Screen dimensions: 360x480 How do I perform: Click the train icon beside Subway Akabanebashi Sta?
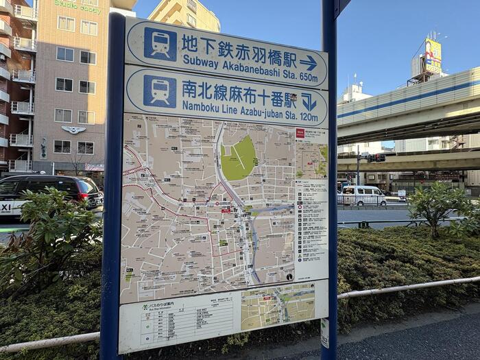[x=160, y=44]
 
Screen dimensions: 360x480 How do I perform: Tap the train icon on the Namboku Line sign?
[x=160, y=91]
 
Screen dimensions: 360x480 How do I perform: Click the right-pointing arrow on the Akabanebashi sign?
[x=309, y=63]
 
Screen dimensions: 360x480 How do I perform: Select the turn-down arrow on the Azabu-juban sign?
[x=309, y=102]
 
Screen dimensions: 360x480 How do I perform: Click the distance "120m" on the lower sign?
[x=309, y=118]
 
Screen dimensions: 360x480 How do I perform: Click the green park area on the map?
[x=239, y=158]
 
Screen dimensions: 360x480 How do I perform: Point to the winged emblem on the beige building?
[x=73, y=130]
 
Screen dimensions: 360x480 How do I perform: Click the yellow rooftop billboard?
[x=433, y=56]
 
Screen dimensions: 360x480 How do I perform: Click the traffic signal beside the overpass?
[x=375, y=158]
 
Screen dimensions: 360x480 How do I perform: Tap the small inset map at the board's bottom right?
[x=278, y=306]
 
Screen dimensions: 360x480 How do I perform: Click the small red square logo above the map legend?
[x=300, y=133]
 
